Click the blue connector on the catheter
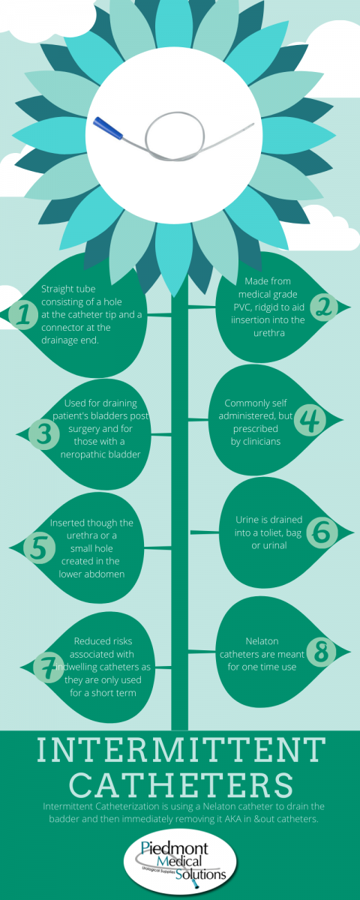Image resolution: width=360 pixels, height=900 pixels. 108,128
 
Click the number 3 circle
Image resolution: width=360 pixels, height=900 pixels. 43,434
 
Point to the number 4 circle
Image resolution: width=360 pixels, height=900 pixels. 309,420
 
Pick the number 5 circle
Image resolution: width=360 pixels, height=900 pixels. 39,548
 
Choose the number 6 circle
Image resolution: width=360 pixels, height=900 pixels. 322,532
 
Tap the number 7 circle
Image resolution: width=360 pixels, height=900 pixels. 49,667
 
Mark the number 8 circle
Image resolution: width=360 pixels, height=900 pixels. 322,651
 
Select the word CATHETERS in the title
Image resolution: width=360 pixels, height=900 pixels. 181,784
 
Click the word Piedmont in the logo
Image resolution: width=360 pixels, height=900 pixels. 174,848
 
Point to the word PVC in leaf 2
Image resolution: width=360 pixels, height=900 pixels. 242,307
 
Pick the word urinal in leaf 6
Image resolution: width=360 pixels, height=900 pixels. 274,546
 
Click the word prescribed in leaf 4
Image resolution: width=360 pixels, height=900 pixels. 256,429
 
